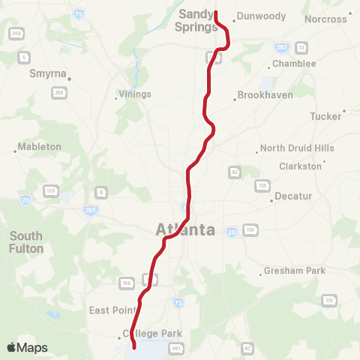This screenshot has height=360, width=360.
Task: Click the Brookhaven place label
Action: pyautogui.click(x=265, y=95)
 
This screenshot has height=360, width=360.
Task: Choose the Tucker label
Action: pyautogui.click(x=325, y=116)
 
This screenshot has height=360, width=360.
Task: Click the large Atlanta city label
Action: pyautogui.click(x=185, y=230)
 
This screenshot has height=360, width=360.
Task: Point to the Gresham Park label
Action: pyautogui.click(x=294, y=270)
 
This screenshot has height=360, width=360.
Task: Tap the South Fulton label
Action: pyautogui.click(x=26, y=242)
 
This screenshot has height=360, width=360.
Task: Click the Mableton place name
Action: pyautogui.click(x=40, y=147)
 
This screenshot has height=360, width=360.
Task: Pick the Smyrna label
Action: pyautogui.click(x=48, y=74)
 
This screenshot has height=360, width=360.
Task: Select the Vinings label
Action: pyautogui.click(x=135, y=94)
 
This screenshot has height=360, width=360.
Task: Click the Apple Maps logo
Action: pyautogui.click(x=27, y=347)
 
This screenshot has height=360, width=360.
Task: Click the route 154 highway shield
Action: pyautogui.click(x=250, y=229)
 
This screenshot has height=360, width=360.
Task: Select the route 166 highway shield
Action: pyautogui.click(x=125, y=282)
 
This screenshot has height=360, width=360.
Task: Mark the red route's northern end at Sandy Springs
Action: pyautogui.click(x=216, y=13)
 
